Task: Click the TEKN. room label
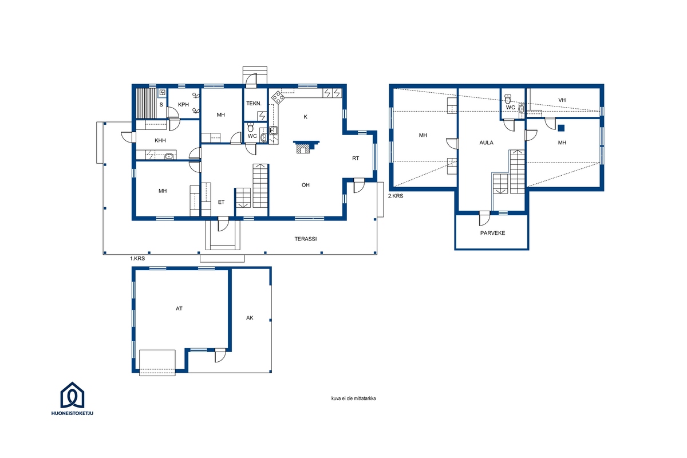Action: click(x=254, y=104)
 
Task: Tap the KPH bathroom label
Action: click(x=183, y=105)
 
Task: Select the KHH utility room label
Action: click(x=160, y=140)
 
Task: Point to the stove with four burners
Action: click(x=278, y=97)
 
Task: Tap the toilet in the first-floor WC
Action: click(x=251, y=127)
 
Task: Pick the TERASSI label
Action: click(x=306, y=239)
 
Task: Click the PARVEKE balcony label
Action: click(x=492, y=233)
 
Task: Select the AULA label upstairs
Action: click(x=487, y=143)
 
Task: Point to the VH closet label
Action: click(x=562, y=100)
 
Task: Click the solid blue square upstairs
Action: click(x=561, y=128)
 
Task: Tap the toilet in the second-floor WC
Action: click(x=508, y=99)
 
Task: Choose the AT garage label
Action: click(x=179, y=309)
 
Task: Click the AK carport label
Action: click(x=250, y=318)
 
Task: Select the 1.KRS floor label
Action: click(x=137, y=259)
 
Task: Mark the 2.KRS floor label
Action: click(x=396, y=196)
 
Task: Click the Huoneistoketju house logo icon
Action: click(x=72, y=395)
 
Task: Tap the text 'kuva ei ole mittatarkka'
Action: click(x=354, y=398)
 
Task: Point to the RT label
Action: click(x=356, y=158)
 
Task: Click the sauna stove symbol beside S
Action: click(x=162, y=92)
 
